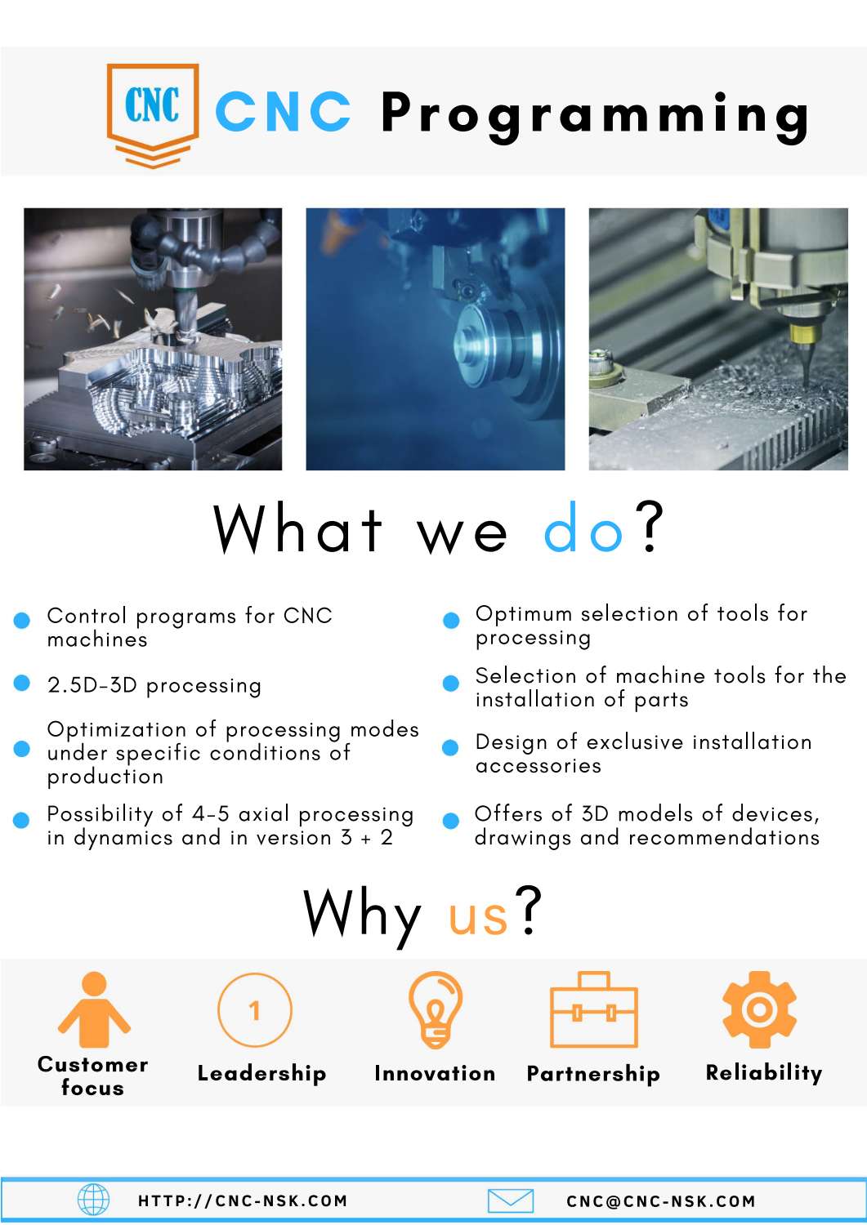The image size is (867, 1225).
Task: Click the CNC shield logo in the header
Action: [x=153, y=113]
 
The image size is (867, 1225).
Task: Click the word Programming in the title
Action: [x=595, y=114]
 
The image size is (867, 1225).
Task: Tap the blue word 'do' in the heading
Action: [x=584, y=530]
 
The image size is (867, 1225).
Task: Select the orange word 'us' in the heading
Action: [x=478, y=914]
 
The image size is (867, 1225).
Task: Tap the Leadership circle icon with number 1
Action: [x=255, y=1009]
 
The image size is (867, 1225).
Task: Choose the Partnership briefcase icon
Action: [x=594, y=1010]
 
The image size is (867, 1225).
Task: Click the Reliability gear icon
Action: [x=759, y=1009]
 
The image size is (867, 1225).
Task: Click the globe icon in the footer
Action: [x=93, y=1200]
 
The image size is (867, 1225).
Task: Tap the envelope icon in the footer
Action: [x=511, y=1200]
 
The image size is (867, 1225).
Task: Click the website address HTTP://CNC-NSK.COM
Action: [x=243, y=1201]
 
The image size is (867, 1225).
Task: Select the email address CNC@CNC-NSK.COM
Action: [x=661, y=1201]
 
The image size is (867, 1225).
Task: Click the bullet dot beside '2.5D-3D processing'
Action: [x=22, y=684]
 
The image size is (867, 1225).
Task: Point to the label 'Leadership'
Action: [x=261, y=1073]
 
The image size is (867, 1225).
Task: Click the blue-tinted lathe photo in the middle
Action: [x=435, y=339]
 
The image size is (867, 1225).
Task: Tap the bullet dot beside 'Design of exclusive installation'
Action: [x=450, y=747]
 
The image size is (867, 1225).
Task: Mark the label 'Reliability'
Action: [x=764, y=1072]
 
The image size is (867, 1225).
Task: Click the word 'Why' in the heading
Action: [x=362, y=914]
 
